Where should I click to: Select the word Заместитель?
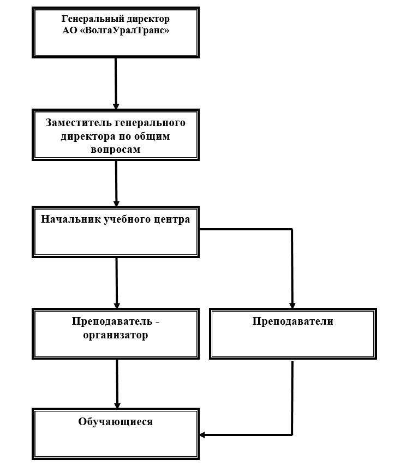pos(79,123)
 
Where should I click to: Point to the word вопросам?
pos(116,150)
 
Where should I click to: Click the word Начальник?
pos(71,219)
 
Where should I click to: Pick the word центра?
pos(172,219)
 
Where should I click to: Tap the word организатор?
pos(116,335)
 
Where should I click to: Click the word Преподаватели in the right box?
pos(293,321)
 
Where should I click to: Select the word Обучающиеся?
pos(116,421)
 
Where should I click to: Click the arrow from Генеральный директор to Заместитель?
pos(116,84)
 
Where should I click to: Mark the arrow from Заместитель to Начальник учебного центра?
pos(116,183)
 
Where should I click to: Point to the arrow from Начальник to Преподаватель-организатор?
pos(117,283)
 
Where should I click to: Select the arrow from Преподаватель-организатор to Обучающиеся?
pos(117,384)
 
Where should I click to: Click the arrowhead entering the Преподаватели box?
pos(292,306)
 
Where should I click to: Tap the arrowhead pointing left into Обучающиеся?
pos(202,434)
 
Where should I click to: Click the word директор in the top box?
pos(148,19)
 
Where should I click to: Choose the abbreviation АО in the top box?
pos(70,31)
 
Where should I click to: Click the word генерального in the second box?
pos(150,123)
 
